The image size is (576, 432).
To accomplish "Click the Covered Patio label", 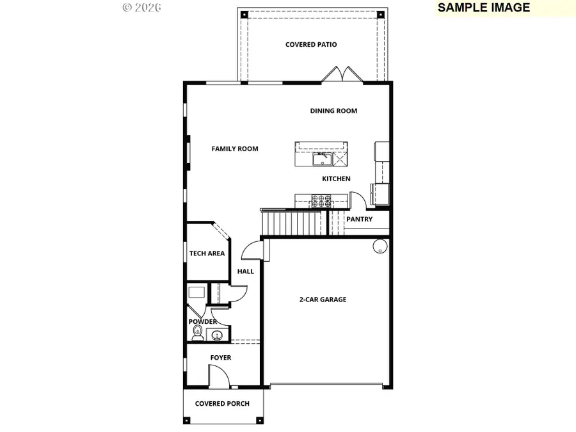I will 311,45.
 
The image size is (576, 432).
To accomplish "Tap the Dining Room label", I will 333,111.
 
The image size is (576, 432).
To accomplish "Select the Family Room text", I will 235,148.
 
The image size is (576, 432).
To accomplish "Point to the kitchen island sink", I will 320,158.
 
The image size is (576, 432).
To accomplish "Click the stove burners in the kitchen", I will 321,202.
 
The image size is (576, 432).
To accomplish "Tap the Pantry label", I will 359,219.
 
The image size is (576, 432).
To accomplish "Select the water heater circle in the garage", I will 379,246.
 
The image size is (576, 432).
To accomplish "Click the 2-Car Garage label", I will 323,299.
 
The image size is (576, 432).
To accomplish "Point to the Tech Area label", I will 207,253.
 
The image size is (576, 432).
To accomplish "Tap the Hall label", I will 246,271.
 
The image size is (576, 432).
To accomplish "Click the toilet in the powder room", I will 198,332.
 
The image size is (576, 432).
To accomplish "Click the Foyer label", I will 221,358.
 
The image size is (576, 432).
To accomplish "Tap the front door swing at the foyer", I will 218,376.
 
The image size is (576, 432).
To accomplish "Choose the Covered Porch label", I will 222,403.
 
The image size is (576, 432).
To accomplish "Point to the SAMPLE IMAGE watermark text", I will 483,8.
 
